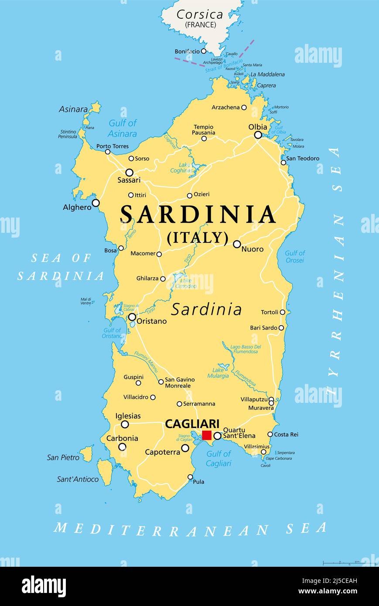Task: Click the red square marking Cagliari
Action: click(x=207, y=435)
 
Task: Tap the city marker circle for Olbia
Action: click(x=258, y=135)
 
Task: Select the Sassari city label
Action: click(x=129, y=180)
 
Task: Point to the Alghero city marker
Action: click(x=96, y=203)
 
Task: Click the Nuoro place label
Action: click(x=253, y=249)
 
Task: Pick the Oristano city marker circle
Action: click(x=132, y=317)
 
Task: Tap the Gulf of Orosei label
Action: click(x=295, y=256)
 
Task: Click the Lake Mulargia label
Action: click(x=218, y=372)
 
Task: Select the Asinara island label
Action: click(x=73, y=109)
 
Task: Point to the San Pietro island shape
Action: click(x=86, y=453)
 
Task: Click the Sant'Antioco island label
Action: click(x=78, y=479)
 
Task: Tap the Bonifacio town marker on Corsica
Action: click(x=203, y=51)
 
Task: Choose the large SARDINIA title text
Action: click(x=198, y=214)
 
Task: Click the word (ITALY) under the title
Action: click(x=198, y=238)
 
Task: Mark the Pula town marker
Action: click(x=190, y=477)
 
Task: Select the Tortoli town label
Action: click(x=270, y=312)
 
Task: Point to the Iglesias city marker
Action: click(x=125, y=424)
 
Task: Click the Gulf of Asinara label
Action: click(x=123, y=128)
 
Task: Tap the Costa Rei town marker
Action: click(x=270, y=434)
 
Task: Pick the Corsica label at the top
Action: click(x=200, y=14)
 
